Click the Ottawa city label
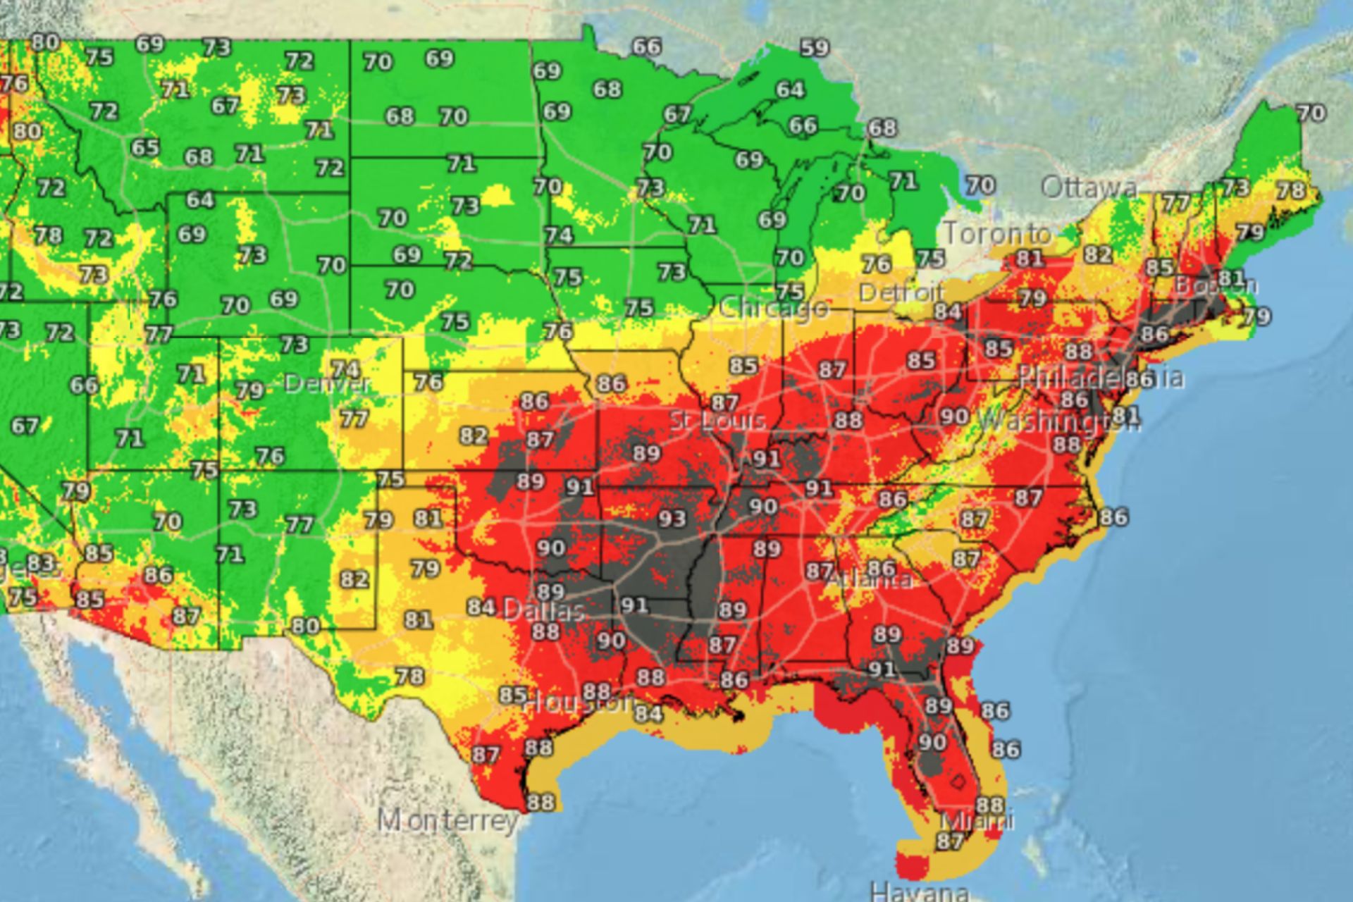(1089, 187)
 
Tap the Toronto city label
(997, 233)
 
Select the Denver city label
(327, 383)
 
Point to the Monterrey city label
(448, 820)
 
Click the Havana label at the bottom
(918, 891)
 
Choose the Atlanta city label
(868, 580)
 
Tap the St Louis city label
(717, 421)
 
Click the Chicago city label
(774, 308)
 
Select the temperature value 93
(672, 519)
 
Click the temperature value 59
(815, 49)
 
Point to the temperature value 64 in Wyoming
(199, 200)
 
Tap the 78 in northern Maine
(1290, 191)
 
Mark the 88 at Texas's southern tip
(540, 802)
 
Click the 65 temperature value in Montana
(145, 148)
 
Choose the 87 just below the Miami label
(950, 841)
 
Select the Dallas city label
(543, 610)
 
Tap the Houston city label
(579, 702)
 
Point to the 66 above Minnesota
(646, 47)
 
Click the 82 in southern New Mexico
(354, 579)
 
